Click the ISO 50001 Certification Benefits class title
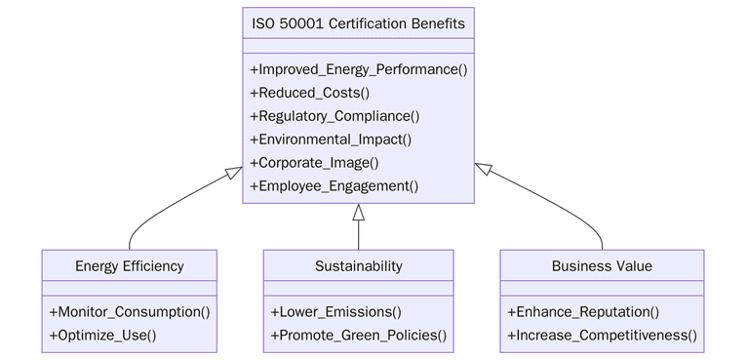[x=358, y=23]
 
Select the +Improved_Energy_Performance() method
[x=359, y=69]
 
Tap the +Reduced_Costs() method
[x=310, y=93]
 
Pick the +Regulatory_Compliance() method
[x=334, y=116]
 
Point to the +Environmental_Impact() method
[x=331, y=140]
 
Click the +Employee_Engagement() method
[x=334, y=186]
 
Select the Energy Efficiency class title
[x=129, y=265]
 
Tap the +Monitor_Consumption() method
[x=129, y=312]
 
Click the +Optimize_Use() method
[x=102, y=336]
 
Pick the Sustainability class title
[x=358, y=265]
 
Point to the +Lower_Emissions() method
[x=335, y=312]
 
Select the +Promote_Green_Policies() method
[x=358, y=336]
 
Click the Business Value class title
[x=602, y=265]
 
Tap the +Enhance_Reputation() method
[x=583, y=312]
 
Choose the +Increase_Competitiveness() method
[x=602, y=336]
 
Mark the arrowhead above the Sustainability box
[x=358, y=212]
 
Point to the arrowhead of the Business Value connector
[x=483, y=169]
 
